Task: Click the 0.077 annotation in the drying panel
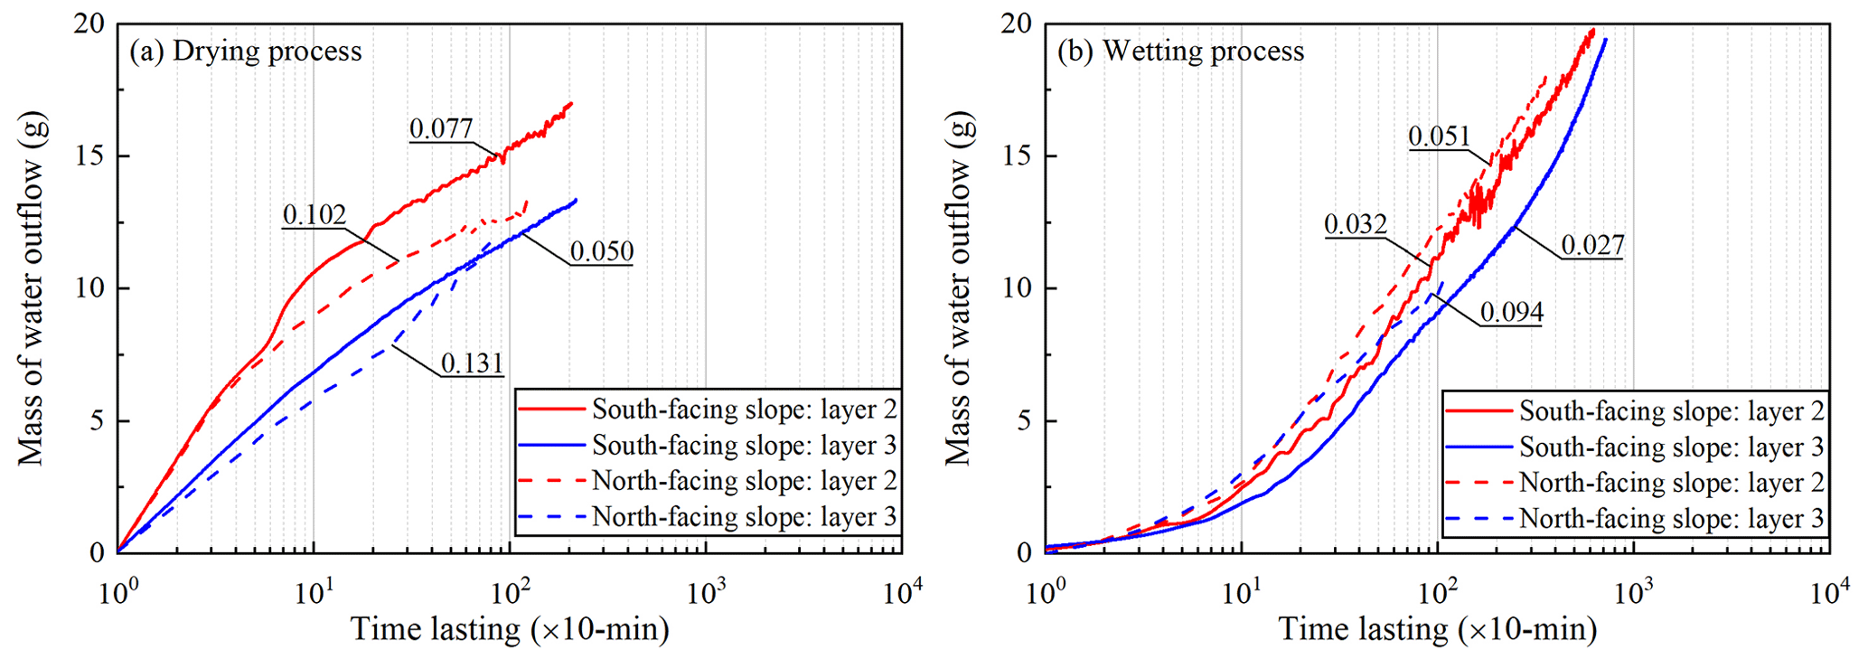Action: pyautogui.click(x=441, y=129)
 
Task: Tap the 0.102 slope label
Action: pyautogui.click(x=314, y=215)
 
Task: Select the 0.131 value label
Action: pyautogui.click(x=472, y=363)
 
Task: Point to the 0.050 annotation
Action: pyautogui.click(x=602, y=251)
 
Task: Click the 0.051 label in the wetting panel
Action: pyautogui.click(x=1440, y=137)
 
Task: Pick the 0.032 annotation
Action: pyautogui.click(x=1356, y=224)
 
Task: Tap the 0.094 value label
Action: pyautogui.click(x=1512, y=313)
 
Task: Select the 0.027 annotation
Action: pyautogui.click(x=1592, y=246)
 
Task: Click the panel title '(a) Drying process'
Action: pyautogui.click(x=246, y=52)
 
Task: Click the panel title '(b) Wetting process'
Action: pyautogui.click(x=1180, y=52)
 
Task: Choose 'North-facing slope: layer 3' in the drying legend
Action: pyautogui.click(x=744, y=517)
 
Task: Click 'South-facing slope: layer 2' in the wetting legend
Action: pyautogui.click(x=1671, y=411)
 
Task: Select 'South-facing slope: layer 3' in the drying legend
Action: pyautogui.click(x=744, y=446)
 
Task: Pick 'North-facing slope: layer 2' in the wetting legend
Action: pyautogui.click(x=1671, y=483)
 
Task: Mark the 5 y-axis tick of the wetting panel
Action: pyautogui.click(x=1024, y=421)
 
